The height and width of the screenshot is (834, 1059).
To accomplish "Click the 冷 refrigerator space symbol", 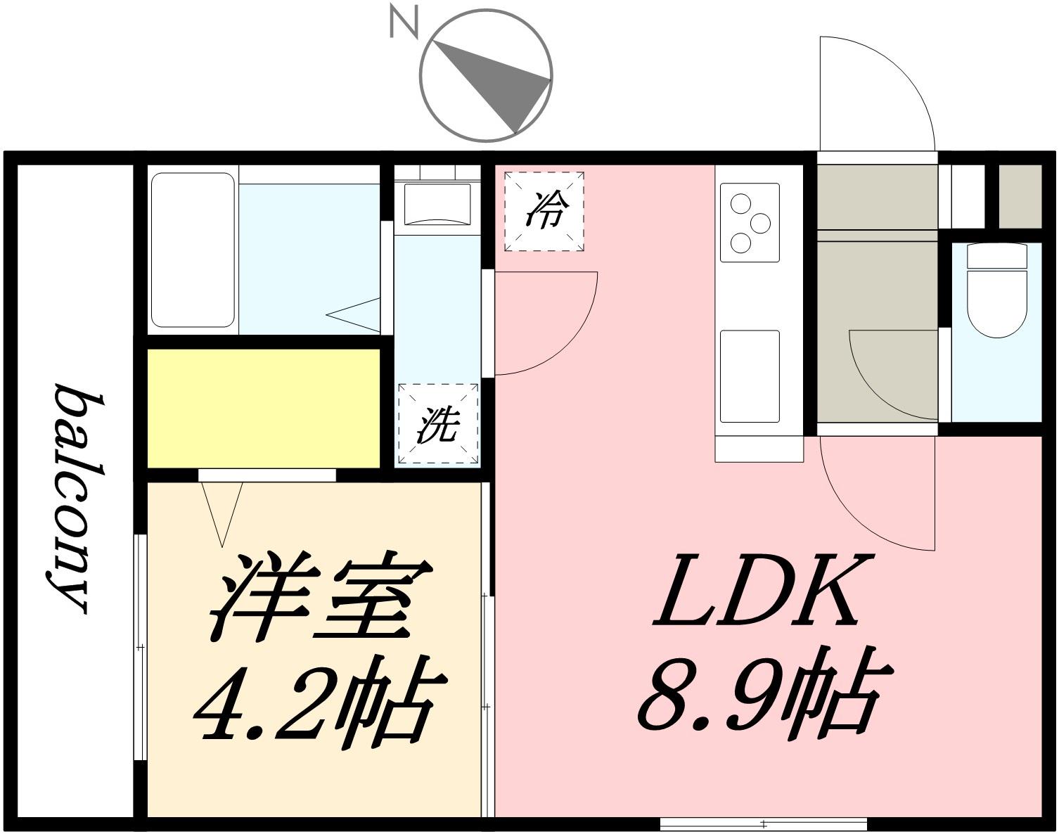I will click(x=544, y=211).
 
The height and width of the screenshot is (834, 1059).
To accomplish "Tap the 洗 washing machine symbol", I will click(x=437, y=425).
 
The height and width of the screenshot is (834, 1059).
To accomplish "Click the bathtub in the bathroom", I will click(x=193, y=250).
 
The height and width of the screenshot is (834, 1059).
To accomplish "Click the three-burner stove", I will click(x=749, y=222).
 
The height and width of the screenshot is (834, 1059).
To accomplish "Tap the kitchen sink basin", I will click(x=750, y=376).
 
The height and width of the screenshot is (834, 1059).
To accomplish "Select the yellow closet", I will click(x=264, y=408).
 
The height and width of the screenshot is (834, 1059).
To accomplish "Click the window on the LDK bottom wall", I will click(x=763, y=823).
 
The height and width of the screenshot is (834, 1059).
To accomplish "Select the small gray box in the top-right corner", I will click(x=1020, y=196).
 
